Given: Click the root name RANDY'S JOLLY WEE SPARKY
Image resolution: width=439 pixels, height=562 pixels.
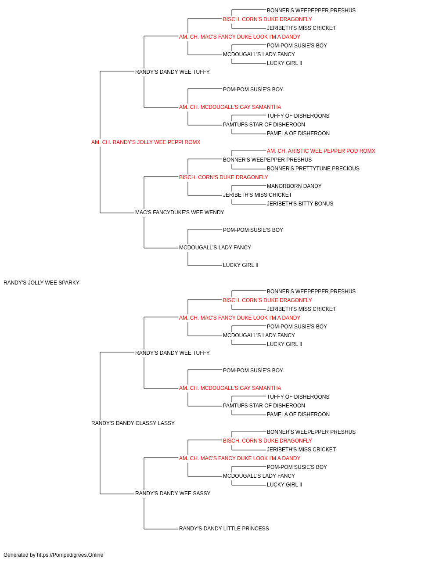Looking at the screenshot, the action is coord(41,283).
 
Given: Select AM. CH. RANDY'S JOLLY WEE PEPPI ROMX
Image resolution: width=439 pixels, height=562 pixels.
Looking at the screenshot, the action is coord(146,142).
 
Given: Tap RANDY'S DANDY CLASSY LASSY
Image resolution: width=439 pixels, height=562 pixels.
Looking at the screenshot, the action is coord(133,423).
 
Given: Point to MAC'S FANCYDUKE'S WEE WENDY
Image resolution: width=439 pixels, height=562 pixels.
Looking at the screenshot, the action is coord(180,213).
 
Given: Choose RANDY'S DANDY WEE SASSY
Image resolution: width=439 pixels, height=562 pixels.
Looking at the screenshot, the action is coord(173,494).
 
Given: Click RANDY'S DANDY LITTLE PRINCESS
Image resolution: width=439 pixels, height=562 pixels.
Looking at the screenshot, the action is coord(224,529).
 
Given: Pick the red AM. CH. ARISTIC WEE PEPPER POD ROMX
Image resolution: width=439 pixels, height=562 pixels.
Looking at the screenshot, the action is coord(321,151).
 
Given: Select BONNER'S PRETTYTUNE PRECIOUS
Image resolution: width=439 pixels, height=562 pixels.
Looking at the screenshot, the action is coord(313,169).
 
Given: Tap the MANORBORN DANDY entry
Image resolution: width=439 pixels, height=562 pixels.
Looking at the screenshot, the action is coord(294,186).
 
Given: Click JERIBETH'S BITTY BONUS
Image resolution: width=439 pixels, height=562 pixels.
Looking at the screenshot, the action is coord(300,204).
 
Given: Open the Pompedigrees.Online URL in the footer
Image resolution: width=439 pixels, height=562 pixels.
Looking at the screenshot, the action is coord(70,555).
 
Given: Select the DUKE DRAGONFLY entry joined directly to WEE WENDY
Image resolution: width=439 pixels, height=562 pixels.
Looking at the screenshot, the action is coord(223,177).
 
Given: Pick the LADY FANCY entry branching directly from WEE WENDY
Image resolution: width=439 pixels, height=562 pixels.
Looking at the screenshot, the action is coord(215,248).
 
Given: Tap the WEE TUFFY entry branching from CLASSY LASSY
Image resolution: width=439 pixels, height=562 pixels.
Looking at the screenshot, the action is coord(172,353).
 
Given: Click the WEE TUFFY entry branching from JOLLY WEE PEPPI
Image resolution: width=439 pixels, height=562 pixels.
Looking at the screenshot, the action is coord(172,72).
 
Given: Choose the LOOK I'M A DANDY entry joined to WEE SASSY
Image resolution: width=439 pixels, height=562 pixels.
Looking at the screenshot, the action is coord(240,458).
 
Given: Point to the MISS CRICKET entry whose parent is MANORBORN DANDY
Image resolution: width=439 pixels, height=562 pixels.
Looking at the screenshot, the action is coord(257,195).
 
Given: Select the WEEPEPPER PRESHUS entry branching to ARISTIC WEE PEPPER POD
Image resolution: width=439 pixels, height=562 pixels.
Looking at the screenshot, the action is coord(267,160).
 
